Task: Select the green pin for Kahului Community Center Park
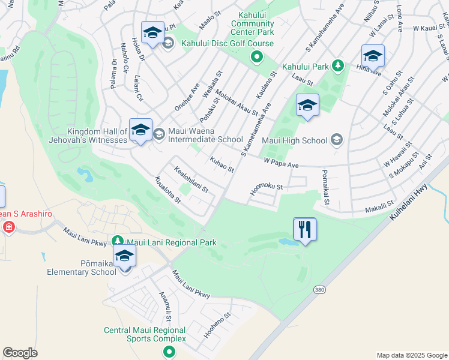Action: click(x=257, y=58)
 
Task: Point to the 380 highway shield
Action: click(x=319, y=290)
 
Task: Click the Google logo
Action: click(x=20, y=353)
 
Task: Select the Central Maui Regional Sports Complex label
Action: click(x=145, y=334)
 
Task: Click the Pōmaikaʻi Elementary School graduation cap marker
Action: click(x=125, y=256)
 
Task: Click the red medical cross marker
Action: click(x=8, y=227)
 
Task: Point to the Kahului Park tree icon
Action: click(x=338, y=65)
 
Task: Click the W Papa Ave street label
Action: click(x=282, y=163)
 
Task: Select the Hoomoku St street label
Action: click(x=267, y=190)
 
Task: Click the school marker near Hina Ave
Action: click(x=373, y=55)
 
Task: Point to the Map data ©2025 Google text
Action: click(x=411, y=355)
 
